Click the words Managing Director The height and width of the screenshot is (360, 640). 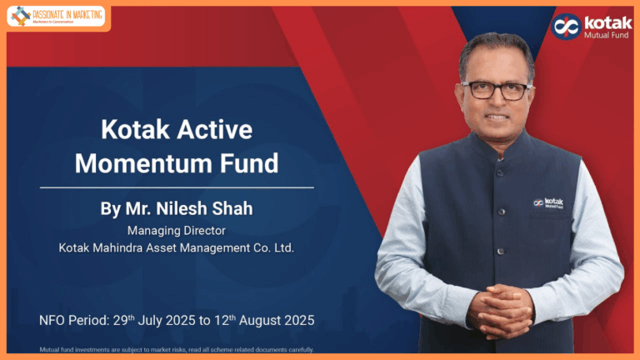pos(176,230)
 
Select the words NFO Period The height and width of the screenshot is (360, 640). pos(67,320)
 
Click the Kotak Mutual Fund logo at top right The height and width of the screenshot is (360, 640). pos(591,27)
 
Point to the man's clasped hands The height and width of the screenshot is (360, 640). pos(500,310)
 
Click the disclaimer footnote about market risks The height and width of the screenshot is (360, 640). pos(176,349)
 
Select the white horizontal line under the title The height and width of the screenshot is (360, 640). pos(177,187)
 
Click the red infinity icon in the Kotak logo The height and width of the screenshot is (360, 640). pos(567,26)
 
